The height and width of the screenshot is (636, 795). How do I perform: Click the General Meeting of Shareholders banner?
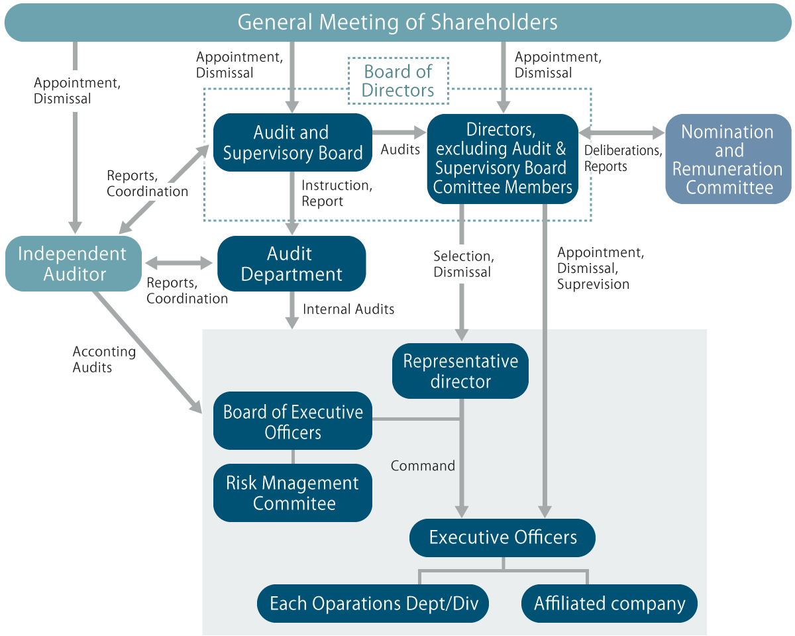click(x=397, y=23)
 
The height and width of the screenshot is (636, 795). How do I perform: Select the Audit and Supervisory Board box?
click(x=292, y=142)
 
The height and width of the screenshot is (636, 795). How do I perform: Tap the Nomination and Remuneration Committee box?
click(x=728, y=160)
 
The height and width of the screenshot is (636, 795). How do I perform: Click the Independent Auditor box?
click(x=73, y=264)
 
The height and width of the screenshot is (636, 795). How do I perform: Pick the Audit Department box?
click(x=291, y=264)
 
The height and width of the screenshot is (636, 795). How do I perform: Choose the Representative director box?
click(x=460, y=371)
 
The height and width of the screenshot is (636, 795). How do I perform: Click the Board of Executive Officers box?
click(x=292, y=422)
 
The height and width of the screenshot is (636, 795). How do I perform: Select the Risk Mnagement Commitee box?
click(x=292, y=493)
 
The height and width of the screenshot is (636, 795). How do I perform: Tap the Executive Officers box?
click(x=502, y=537)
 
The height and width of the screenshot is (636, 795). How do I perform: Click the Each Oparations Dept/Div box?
click(x=373, y=604)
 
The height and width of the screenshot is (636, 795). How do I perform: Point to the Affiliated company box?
click(x=609, y=604)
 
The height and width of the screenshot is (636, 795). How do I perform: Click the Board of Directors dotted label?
click(x=399, y=81)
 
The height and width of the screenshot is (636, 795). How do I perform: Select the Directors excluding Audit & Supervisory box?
click(x=503, y=159)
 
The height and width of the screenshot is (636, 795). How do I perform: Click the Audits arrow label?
click(x=400, y=150)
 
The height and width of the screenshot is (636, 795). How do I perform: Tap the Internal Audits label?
click(x=348, y=309)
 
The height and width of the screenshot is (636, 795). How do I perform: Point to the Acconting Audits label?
click(x=103, y=359)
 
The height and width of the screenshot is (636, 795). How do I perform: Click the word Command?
click(x=423, y=466)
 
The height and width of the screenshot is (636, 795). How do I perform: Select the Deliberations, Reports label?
click(x=622, y=158)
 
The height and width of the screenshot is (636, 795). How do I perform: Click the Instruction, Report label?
click(x=337, y=193)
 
